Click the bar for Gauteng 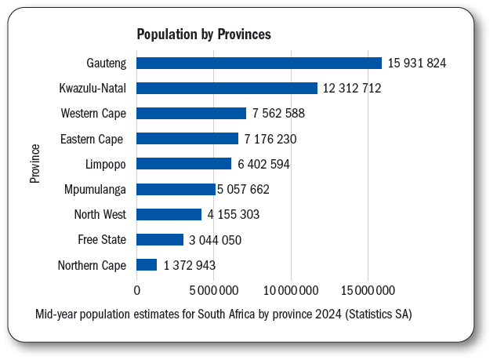pos(259,63)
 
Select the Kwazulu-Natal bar pos(227,88)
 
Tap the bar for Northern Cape pos(147,265)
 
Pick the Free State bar pos(160,240)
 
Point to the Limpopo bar pos(184,164)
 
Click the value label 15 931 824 pos(418,63)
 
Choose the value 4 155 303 pos(234,214)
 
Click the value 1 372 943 pos(190,265)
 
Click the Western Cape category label pos(93,114)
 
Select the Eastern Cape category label pos(93,139)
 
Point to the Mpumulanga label pos(95,189)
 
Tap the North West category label pos(100,214)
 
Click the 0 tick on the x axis pos(137,290)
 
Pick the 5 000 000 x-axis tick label pos(214,290)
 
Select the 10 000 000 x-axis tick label pos(292,290)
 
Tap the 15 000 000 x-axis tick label pos(368,290)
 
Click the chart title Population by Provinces pos(204,35)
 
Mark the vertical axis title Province pos(35,163)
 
